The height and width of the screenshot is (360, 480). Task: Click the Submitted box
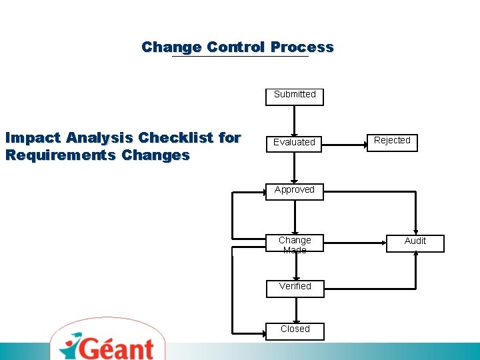[x=295, y=95]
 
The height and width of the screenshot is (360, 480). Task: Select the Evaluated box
[x=294, y=142]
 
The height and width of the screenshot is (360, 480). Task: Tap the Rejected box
[x=392, y=141]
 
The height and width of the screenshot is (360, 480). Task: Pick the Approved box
[x=294, y=190]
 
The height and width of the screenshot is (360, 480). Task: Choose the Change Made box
[x=295, y=244]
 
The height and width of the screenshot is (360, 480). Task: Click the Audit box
[x=415, y=241]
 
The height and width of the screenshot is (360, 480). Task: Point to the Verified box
[x=295, y=287]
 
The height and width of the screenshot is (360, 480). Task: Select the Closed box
[x=295, y=329]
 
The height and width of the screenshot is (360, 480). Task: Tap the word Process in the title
[x=302, y=47]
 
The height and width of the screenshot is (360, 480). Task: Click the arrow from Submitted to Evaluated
[x=295, y=120]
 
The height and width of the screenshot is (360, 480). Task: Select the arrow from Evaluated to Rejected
[x=345, y=141]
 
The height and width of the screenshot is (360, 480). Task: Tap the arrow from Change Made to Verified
[x=295, y=267]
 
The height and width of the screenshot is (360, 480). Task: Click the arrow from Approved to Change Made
[x=295, y=217]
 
